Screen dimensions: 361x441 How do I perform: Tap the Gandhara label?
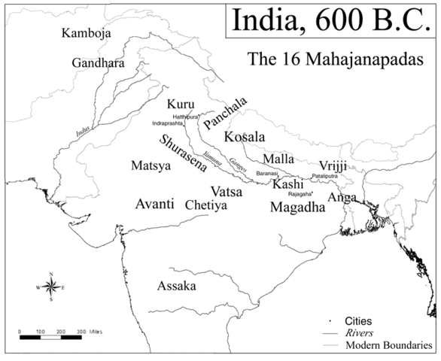98,63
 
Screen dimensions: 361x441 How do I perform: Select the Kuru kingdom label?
181,104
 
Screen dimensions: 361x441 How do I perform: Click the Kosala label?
245,137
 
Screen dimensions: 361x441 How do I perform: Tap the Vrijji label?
334,165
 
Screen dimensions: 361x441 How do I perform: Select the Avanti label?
155,204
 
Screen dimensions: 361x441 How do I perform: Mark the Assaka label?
177,287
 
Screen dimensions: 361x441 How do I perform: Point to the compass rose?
50,287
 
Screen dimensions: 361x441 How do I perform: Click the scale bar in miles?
60,336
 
